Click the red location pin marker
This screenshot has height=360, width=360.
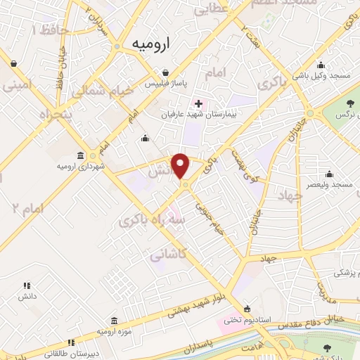click(181, 165)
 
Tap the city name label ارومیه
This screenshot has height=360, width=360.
click(152, 43)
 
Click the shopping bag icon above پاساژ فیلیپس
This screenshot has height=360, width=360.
click(165, 72)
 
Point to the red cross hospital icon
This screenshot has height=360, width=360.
click(198, 103)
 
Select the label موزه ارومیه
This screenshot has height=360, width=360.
click(112, 330)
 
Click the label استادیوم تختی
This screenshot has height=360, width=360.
click(243, 321)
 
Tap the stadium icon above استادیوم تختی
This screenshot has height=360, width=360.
click(247, 309)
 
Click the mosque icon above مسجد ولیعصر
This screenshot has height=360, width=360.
click(329, 173)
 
